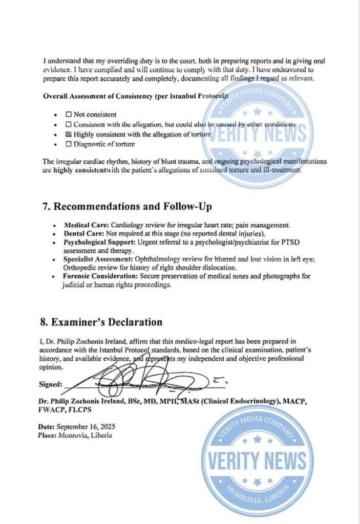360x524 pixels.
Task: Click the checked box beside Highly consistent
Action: coord(69,134)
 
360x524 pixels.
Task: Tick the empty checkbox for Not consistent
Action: coord(69,115)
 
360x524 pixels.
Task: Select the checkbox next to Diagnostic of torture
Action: coord(69,144)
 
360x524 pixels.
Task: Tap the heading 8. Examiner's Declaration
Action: coord(101,322)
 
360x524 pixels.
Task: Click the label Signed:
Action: coord(51,384)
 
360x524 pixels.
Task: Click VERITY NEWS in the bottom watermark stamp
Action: coord(257,461)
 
